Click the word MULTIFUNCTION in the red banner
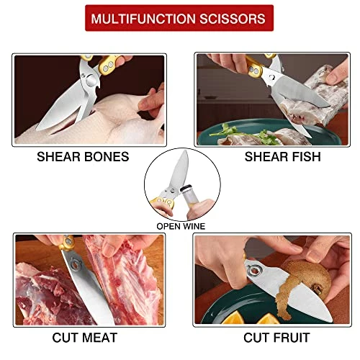(x=143, y=19)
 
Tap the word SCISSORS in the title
(x=233, y=19)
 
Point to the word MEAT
(x=99, y=338)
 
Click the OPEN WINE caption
(x=181, y=226)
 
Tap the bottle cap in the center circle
(x=186, y=188)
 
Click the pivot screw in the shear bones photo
(x=91, y=80)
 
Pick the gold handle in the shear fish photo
(x=254, y=66)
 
